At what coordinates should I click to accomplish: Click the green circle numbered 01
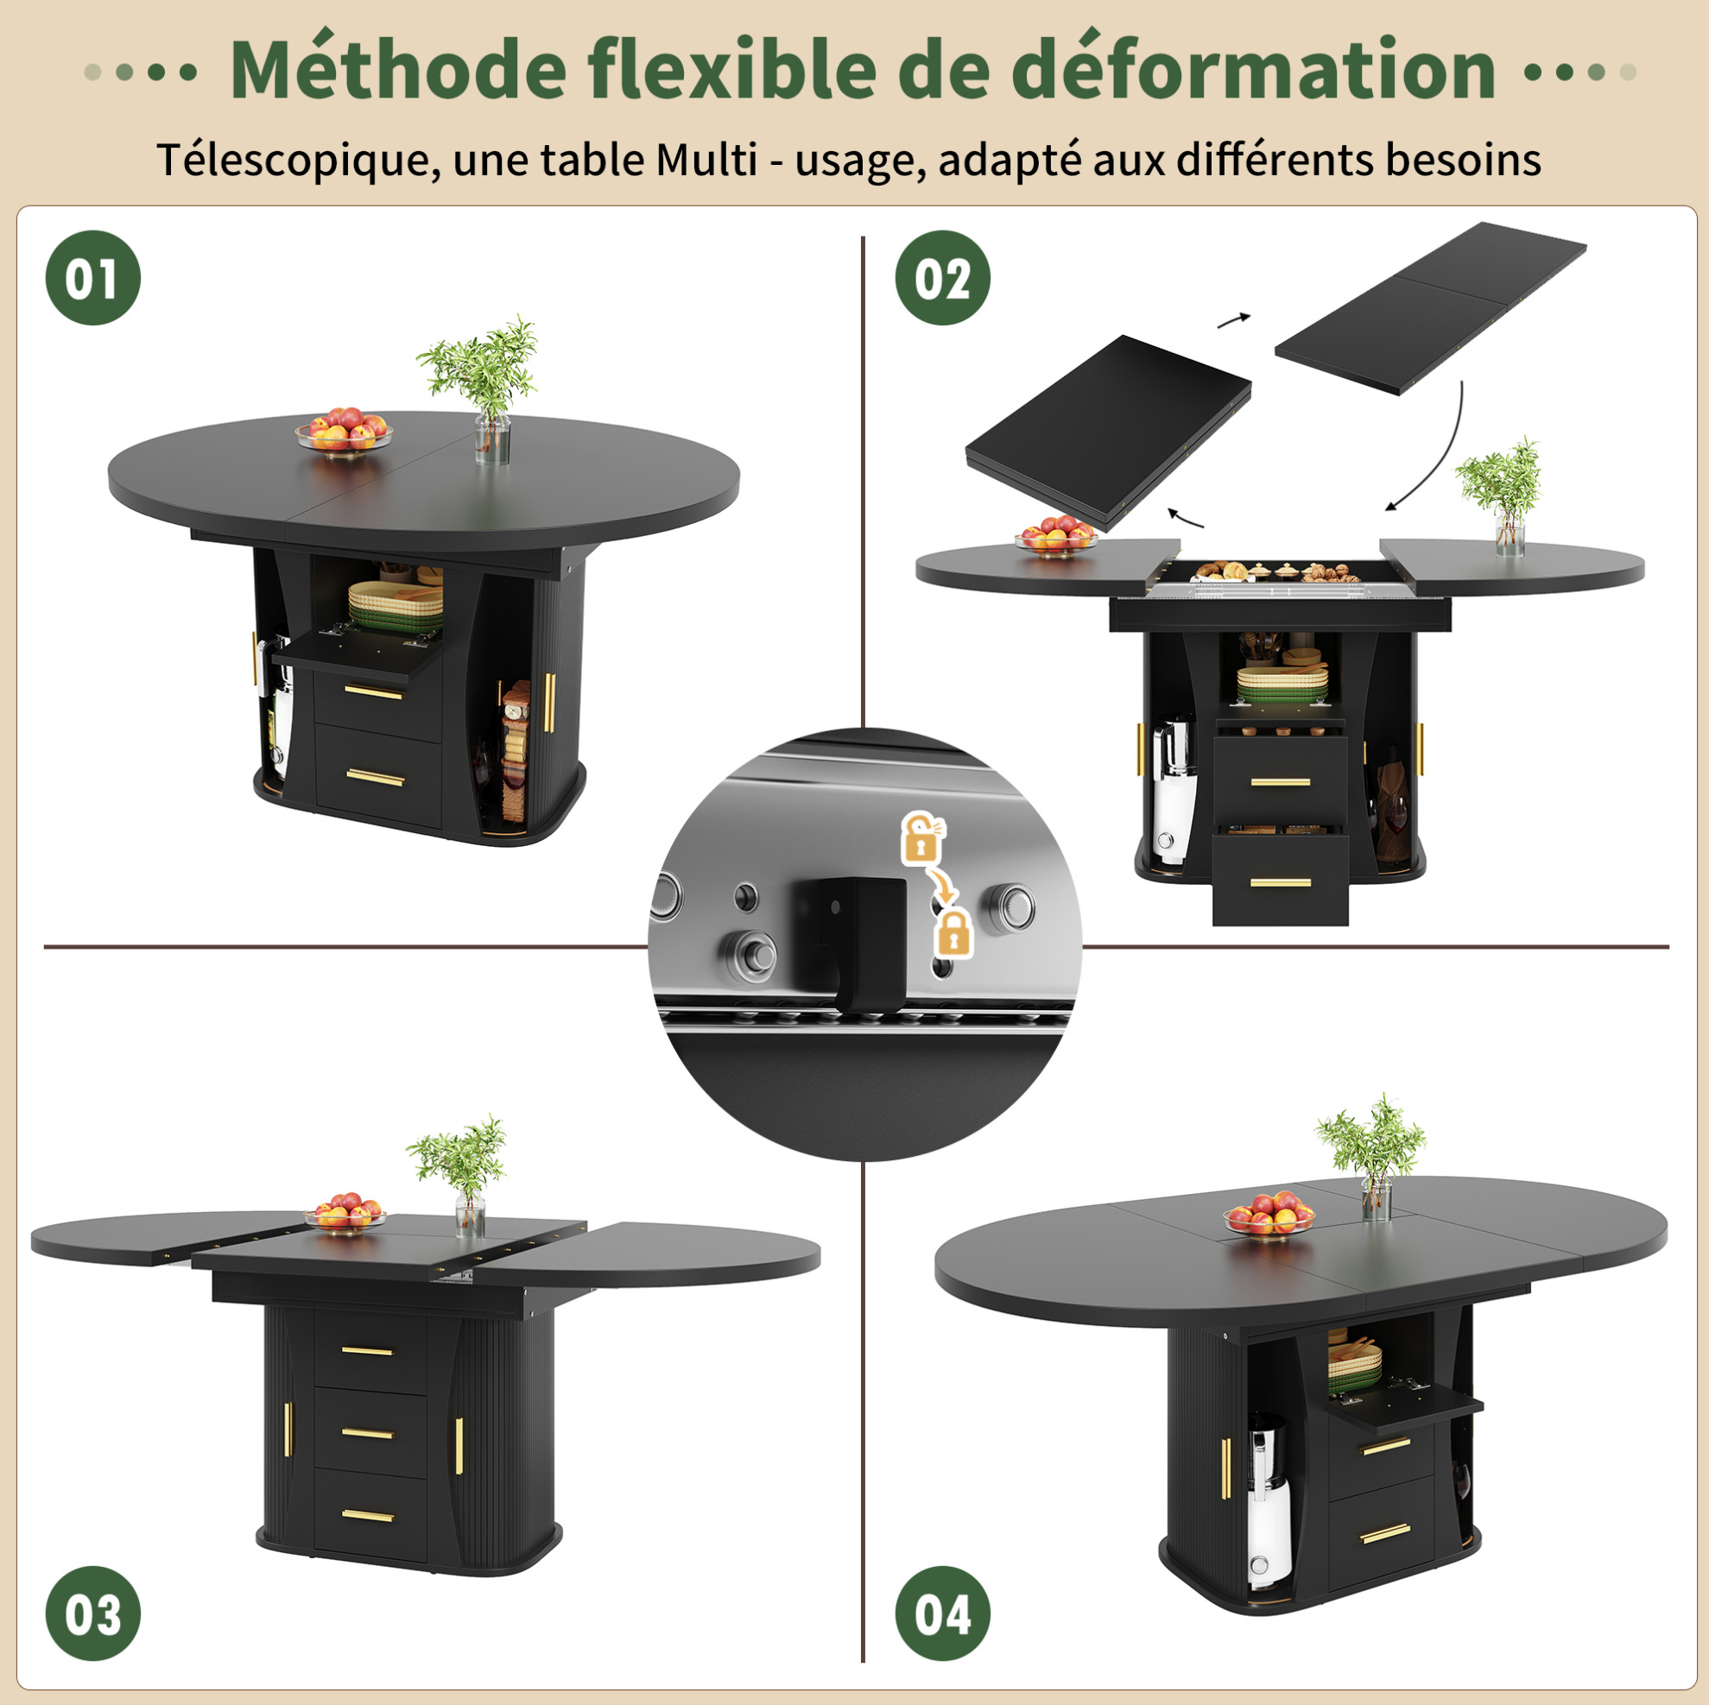tap(93, 278)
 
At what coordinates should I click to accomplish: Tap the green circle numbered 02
tap(943, 278)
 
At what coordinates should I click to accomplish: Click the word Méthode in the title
tap(398, 69)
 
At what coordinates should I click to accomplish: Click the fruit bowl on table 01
tap(343, 430)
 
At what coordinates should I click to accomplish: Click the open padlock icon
tap(921, 837)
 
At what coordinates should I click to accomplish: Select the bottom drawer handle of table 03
tap(368, 1516)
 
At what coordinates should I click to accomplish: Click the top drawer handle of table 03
tap(367, 1350)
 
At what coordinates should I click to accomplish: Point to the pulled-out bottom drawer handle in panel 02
tap(1280, 881)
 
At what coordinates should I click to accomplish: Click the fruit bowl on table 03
tap(345, 1213)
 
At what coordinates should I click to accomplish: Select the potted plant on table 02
tap(1502, 496)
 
